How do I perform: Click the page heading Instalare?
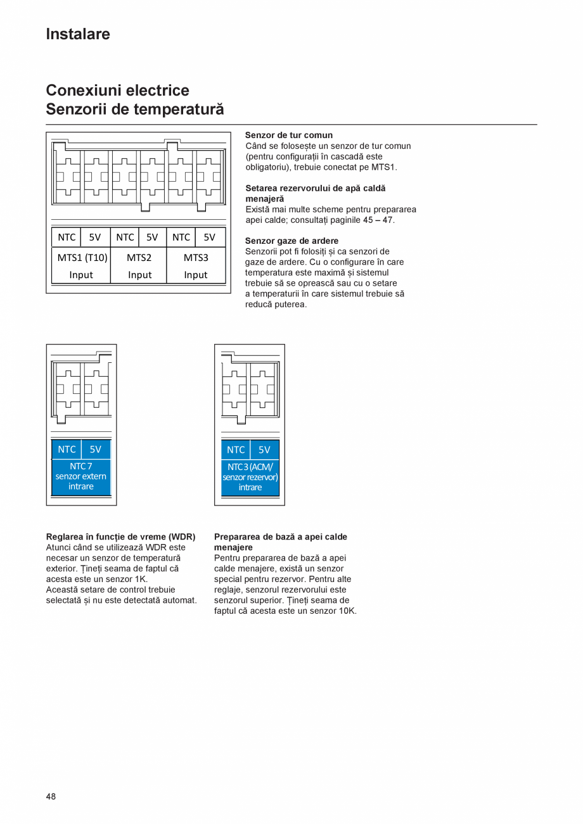click(x=78, y=34)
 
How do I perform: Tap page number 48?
click(x=51, y=796)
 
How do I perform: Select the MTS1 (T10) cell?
click(x=82, y=257)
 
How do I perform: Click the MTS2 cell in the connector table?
click(x=139, y=257)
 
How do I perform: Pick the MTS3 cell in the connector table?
click(x=196, y=257)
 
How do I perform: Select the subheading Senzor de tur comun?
click(x=288, y=135)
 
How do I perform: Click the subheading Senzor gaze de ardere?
click(x=291, y=241)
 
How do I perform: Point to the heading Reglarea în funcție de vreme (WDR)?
click(x=120, y=536)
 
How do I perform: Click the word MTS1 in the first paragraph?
click(x=383, y=167)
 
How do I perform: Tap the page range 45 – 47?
click(x=378, y=220)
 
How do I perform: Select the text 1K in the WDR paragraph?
click(x=141, y=579)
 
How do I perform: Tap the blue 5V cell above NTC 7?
click(x=95, y=449)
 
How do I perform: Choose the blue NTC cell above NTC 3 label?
click(x=236, y=450)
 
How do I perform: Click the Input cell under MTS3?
click(x=196, y=275)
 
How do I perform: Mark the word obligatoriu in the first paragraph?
click(x=269, y=167)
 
